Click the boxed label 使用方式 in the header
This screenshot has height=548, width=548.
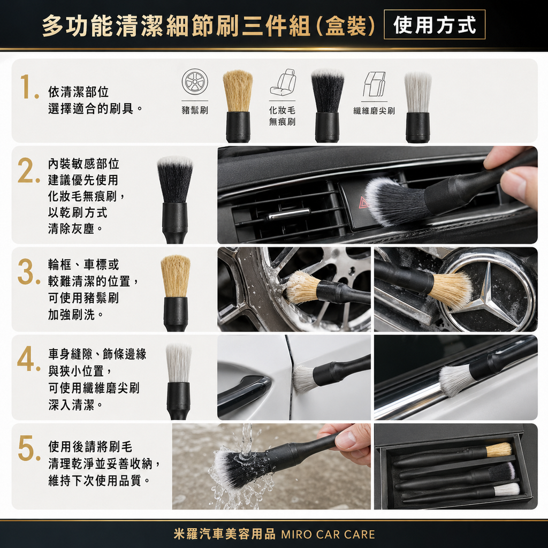(435, 25)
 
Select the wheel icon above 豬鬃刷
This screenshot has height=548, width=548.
(195, 82)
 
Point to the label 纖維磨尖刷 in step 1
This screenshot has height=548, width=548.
(374, 111)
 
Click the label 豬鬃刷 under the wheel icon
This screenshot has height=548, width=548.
(195, 111)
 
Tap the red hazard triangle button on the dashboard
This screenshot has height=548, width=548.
(363, 202)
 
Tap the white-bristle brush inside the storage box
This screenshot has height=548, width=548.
(506, 489)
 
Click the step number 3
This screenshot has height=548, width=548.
(27, 273)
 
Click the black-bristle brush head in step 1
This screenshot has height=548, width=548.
(328, 91)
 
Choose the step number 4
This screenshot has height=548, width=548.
(27, 361)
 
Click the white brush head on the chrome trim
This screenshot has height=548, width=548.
(456, 379)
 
